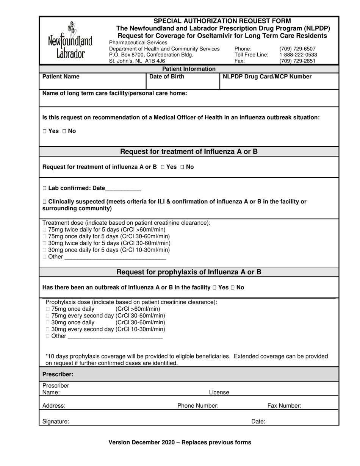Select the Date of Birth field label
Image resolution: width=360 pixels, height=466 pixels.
click(167, 77)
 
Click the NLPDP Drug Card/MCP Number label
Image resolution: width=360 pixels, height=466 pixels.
click(267, 77)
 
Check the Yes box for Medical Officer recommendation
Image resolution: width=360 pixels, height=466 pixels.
click(45, 131)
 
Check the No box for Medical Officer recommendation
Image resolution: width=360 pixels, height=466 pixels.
click(64, 131)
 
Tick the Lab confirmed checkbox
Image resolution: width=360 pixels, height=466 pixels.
click(45, 188)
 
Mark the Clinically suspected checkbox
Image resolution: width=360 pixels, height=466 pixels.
click(45, 202)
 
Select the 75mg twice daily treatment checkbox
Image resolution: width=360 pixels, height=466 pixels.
click(45, 230)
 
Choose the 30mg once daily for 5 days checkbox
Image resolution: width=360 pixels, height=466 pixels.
click(45, 250)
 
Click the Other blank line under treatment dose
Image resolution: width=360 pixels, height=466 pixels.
click(115, 257)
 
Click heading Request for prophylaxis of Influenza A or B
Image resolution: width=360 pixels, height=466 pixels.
click(189, 272)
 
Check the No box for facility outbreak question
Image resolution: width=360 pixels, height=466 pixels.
click(233, 288)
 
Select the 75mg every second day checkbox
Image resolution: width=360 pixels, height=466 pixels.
click(48, 316)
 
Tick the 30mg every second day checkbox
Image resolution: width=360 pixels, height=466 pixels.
click(48, 329)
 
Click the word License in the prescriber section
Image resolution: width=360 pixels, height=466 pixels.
click(219, 393)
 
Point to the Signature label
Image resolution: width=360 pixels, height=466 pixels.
click(56, 421)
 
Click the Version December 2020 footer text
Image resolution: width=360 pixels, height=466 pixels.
click(180, 442)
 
